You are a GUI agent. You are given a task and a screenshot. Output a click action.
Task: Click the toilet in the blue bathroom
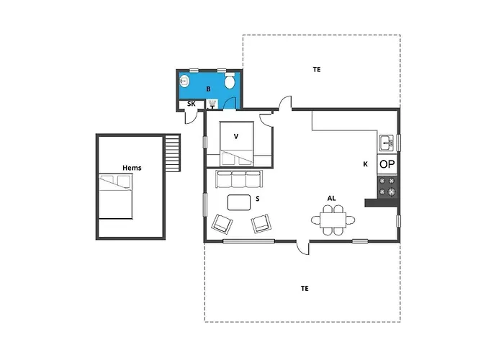point(230,82)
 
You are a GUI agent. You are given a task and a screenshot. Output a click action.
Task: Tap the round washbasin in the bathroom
point(185,81)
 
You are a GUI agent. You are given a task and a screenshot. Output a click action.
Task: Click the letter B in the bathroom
point(208,89)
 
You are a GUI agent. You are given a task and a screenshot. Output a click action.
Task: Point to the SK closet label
point(191,104)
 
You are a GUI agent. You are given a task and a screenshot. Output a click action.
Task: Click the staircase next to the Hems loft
point(172,153)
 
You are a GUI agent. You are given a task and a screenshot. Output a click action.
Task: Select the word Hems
point(132,168)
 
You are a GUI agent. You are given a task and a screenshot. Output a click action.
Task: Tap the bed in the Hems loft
point(117,196)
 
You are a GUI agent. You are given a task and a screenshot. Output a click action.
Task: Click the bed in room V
point(238,153)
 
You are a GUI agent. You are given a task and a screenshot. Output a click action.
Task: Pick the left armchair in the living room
point(222,224)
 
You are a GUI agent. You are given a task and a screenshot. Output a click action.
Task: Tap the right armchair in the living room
point(261,224)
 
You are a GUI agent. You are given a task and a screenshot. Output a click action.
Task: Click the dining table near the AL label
point(333,220)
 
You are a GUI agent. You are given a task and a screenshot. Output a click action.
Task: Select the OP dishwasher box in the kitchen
point(387,164)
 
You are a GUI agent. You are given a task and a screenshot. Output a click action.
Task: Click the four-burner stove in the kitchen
point(387,187)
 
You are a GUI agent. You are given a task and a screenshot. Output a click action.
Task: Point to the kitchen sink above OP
point(387,141)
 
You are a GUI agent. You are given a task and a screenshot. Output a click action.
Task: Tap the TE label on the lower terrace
point(305,288)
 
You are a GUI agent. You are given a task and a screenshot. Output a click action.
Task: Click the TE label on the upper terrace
point(317,70)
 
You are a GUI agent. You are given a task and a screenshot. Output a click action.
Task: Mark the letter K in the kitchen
point(365,164)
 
